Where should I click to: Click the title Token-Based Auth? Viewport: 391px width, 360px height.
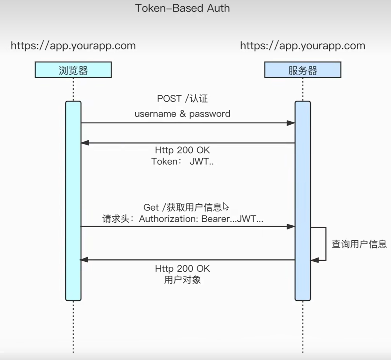pos(182,8)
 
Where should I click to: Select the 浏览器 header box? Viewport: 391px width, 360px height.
pos(73,70)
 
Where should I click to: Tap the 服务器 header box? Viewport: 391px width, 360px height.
pos(303,70)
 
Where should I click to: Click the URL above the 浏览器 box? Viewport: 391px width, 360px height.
pos(73,46)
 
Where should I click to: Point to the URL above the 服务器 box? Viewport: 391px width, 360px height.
pos(302,46)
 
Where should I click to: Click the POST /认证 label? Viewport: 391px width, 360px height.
pos(182,99)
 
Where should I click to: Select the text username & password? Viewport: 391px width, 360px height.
pos(182,114)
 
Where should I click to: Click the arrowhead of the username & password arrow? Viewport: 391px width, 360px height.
pos(291,123)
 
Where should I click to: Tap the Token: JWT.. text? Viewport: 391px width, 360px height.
pos(182,161)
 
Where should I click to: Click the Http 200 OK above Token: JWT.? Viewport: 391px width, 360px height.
pos(182,150)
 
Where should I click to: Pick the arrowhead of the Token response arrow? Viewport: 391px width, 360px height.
pos(85,143)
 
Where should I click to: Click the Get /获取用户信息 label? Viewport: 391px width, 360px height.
pos(182,207)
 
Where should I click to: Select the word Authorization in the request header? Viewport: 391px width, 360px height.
pos(167,219)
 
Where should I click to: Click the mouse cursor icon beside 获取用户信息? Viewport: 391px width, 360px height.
pos(226,206)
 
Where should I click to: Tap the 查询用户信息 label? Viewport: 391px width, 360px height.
pos(359,244)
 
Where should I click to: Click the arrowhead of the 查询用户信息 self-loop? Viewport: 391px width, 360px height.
pos(314,260)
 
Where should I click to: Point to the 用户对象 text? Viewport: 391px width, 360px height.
pos(182,280)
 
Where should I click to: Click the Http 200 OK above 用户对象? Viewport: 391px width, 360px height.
pos(182,269)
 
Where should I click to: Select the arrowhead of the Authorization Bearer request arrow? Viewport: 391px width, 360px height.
pos(291,226)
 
